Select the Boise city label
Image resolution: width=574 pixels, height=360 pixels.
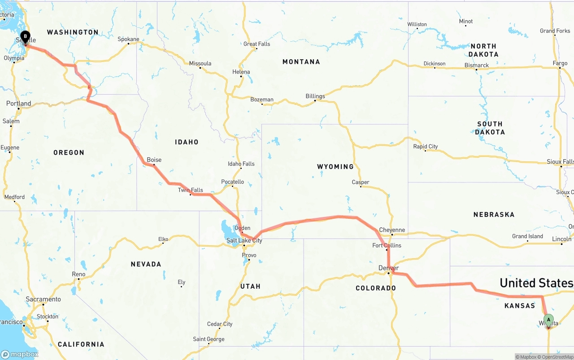(154, 160)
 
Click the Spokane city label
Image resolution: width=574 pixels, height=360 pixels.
(128, 39)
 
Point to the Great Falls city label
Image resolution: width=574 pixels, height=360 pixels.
(257, 44)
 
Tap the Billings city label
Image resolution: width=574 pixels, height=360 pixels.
(315, 96)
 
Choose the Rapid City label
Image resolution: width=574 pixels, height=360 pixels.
(425, 147)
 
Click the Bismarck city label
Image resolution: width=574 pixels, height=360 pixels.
(476, 65)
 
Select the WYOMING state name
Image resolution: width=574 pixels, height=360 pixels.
(335, 167)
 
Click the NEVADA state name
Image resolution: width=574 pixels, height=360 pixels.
(146, 265)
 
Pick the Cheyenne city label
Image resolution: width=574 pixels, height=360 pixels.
(392, 230)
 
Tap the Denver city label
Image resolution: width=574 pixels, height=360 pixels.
(388, 268)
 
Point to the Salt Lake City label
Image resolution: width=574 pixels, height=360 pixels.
(244, 241)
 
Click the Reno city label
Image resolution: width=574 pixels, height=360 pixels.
(78, 274)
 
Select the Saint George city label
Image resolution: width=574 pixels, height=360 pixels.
(209, 339)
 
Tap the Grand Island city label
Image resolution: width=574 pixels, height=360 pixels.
(527, 236)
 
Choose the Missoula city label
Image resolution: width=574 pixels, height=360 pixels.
(200, 64)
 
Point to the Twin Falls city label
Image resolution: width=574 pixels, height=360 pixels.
(190, 190)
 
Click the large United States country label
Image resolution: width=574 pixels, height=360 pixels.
(536, 283)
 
